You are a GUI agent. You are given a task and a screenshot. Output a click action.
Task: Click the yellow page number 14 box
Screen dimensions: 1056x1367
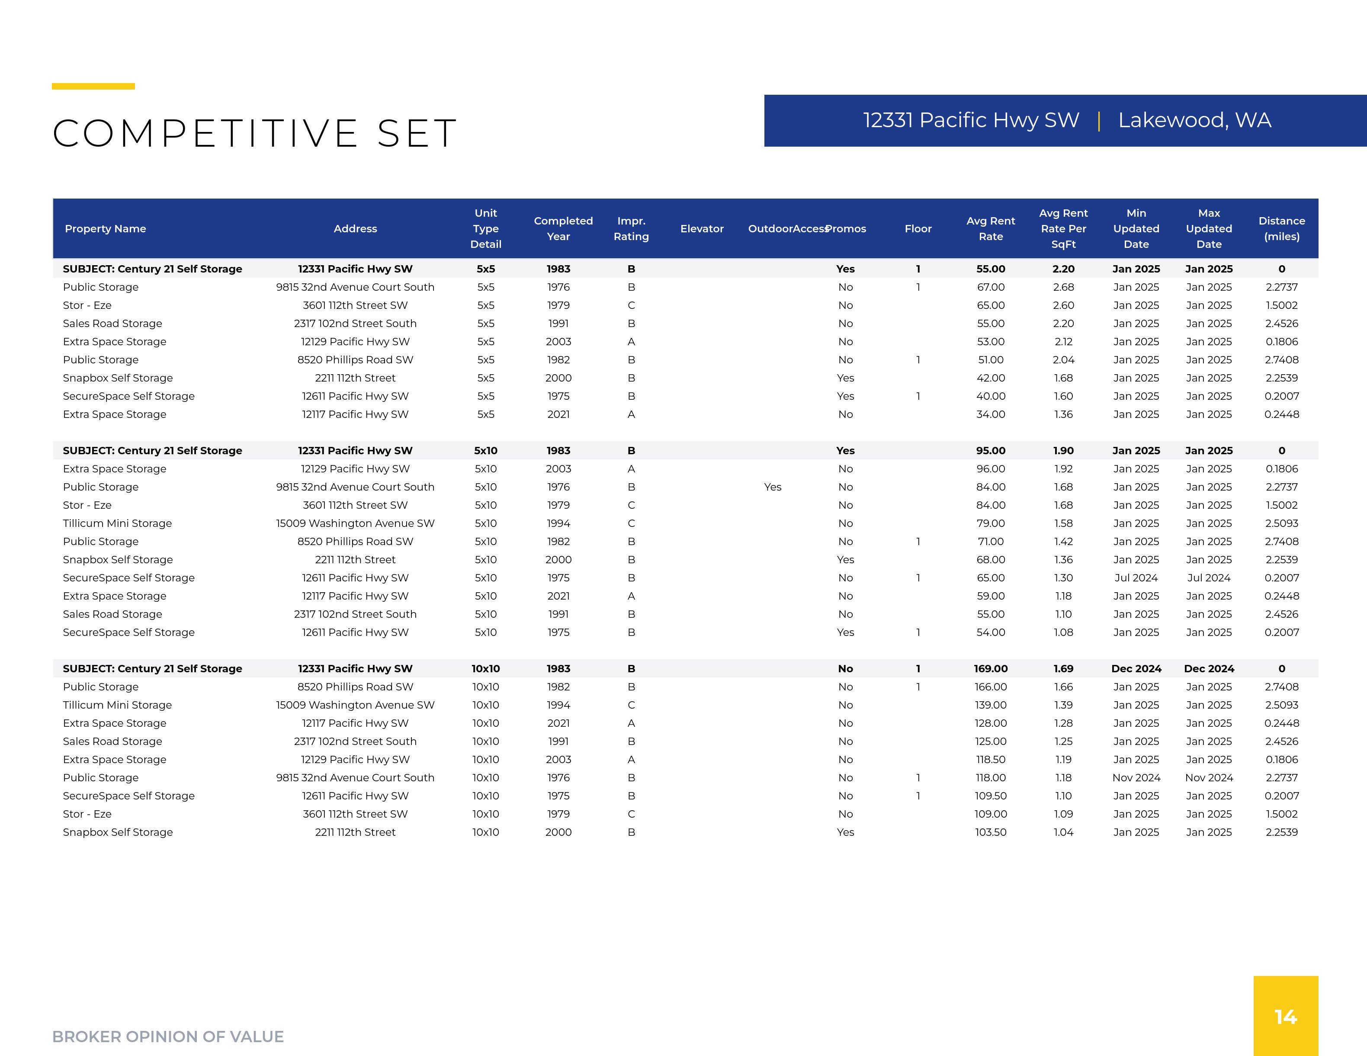1286,1015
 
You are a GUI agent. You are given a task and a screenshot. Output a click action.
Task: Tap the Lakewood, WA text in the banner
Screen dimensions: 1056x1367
1194,120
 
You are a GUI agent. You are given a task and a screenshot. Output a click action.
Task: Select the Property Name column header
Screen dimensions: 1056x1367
105,228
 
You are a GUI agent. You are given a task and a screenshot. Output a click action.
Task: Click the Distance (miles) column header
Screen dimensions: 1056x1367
1281,228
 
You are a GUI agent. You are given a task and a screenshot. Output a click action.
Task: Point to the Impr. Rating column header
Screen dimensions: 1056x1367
631,228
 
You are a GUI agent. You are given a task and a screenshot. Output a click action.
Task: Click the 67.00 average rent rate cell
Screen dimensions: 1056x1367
990,287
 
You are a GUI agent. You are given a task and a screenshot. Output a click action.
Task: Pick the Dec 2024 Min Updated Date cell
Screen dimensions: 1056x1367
1136,668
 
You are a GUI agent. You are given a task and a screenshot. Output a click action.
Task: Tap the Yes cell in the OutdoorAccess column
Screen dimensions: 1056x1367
772,487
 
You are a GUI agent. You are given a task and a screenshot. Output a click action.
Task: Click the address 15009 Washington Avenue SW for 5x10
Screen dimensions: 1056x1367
355,523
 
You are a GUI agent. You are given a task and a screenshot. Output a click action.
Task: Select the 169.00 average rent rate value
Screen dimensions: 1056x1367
990,668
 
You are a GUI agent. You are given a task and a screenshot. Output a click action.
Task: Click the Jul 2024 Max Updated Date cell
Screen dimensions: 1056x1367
1209,578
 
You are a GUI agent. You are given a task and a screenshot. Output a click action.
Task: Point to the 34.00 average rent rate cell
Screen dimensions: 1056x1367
990,414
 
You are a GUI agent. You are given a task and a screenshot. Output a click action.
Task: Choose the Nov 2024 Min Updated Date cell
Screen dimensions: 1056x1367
1136,777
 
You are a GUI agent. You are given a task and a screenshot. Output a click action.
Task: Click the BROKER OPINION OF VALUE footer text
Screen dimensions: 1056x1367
168,1037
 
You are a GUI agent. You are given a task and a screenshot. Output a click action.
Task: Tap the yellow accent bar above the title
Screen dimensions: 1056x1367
93,87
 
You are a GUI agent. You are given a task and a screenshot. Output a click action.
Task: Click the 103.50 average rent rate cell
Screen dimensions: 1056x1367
990,832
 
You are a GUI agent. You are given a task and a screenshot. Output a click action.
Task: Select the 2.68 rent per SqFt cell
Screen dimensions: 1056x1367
1063,287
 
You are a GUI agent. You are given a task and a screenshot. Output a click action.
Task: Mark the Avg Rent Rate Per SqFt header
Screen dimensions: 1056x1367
1063,228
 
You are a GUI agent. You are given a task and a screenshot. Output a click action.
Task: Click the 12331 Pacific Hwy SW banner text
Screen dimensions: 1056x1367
971,120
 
